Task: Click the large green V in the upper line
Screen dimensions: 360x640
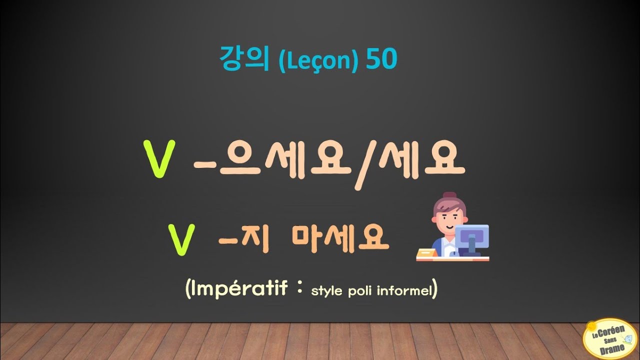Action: point(159,159)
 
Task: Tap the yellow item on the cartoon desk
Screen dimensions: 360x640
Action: point(426,253)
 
